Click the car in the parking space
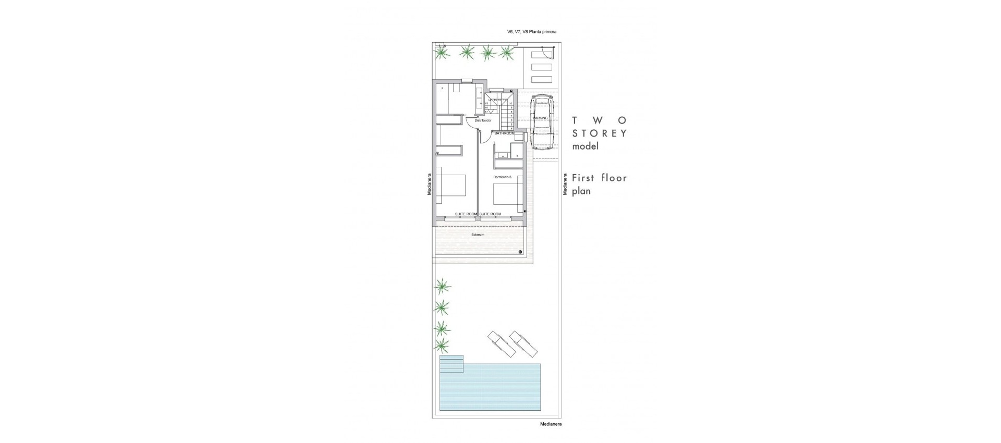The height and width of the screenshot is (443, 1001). pyautogui.click(x=543, y=123)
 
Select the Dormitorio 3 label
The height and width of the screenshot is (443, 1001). pyautogui.click(x=503, y=177)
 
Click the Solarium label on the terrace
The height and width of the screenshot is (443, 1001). pyautogui.click(x=478, y=235)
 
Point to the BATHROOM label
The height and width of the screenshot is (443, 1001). pyautogui.click(x=504, y=133)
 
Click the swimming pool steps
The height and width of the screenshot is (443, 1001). pyautogui.click(x=451, y=364)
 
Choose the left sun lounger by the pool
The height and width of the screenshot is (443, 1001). pyautogui.click(x=500, y=344)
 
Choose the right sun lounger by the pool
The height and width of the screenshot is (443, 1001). pyautogui.click(x=523, y=344)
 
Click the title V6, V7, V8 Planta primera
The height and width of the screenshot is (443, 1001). pyautogui.click(x=531, y=32)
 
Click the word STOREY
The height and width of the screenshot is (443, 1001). pyautogui.click(x=600, y=133)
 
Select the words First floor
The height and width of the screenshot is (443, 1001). pyautogui.click(x=599, y=178)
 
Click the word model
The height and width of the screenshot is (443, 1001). pyautogui.click(x=585, y=146)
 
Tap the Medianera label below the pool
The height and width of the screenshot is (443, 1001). pyautogui.click(x=551, y=424)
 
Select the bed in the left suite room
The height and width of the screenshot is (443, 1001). pyautogui.click(x=451, y=188)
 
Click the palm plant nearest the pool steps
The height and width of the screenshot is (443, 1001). pyautogui.click(x=442, y=344)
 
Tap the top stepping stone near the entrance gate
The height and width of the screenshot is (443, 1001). pyautogui.click(x=541, y=55)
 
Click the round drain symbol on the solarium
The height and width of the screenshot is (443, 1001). pyautogui.click(x=520, y=252)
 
